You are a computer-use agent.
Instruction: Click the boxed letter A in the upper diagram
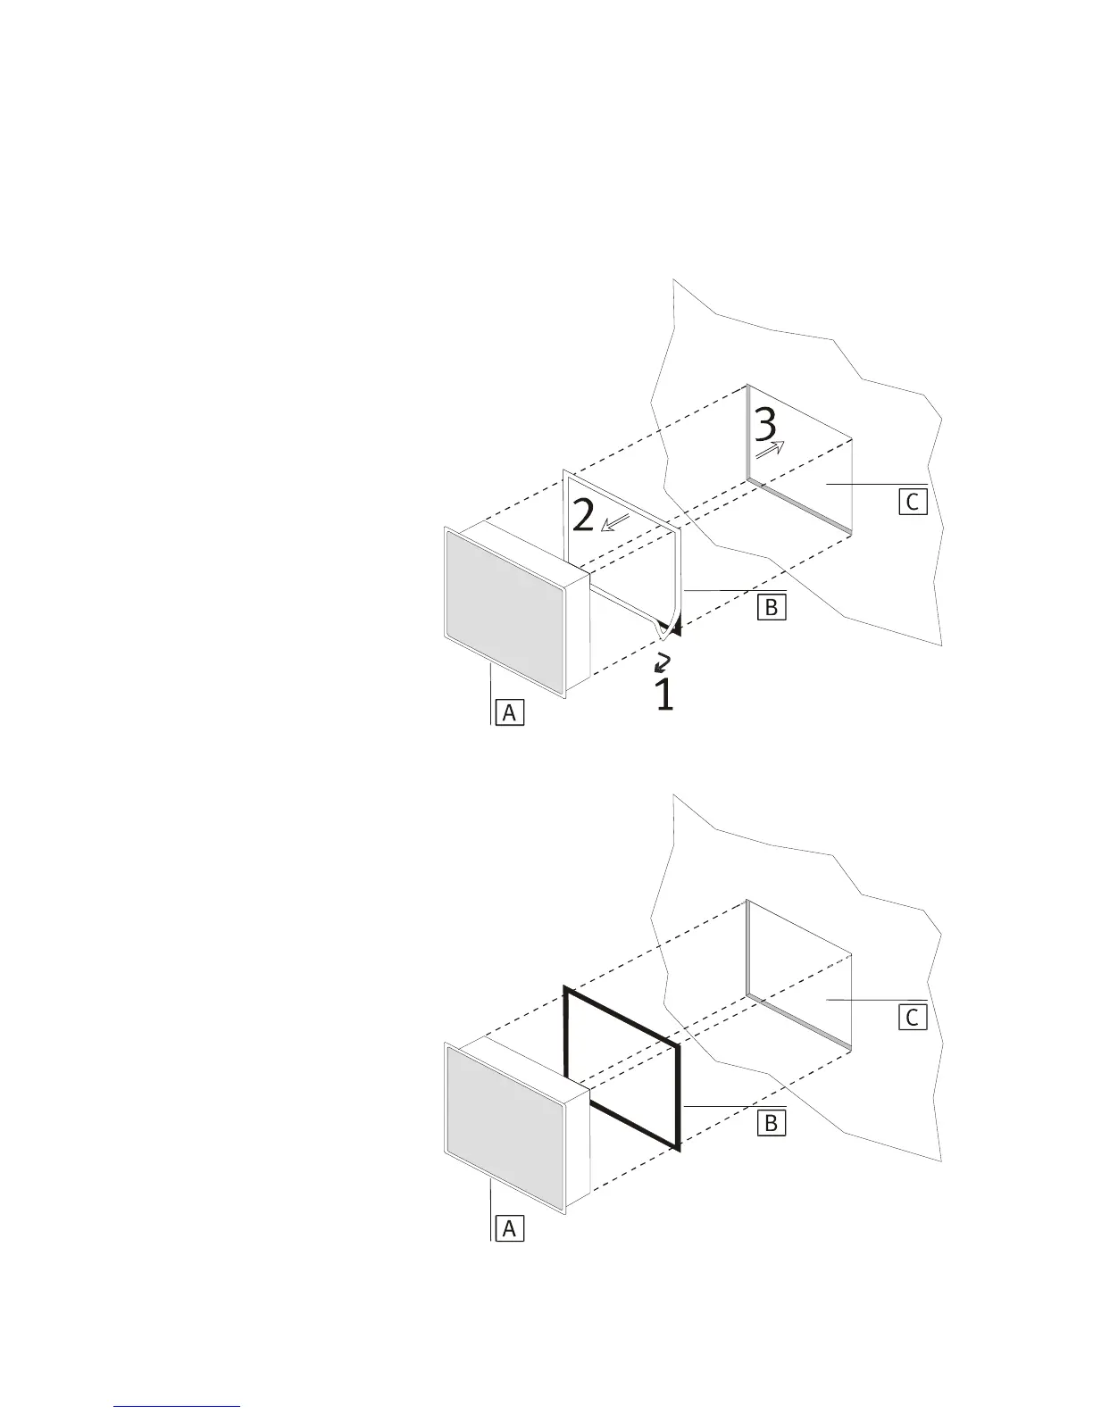coord(508,712)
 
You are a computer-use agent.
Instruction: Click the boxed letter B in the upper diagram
coord(771,607)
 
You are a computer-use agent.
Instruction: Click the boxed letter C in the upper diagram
coord(912,502)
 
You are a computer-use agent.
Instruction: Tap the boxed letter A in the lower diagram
coord(508,1228)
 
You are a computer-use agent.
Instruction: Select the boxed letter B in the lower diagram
coord(771,1122)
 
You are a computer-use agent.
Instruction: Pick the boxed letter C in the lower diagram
coord(912,1017)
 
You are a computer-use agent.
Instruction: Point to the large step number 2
coord(582,515)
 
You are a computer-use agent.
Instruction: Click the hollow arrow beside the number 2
coord(615,522)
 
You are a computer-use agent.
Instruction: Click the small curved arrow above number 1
coord(663,661)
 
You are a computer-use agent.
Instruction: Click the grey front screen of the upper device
coord(505,612)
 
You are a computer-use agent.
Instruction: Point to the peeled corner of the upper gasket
coord(665,628)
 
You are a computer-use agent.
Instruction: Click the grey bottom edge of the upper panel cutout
coord(798,506)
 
